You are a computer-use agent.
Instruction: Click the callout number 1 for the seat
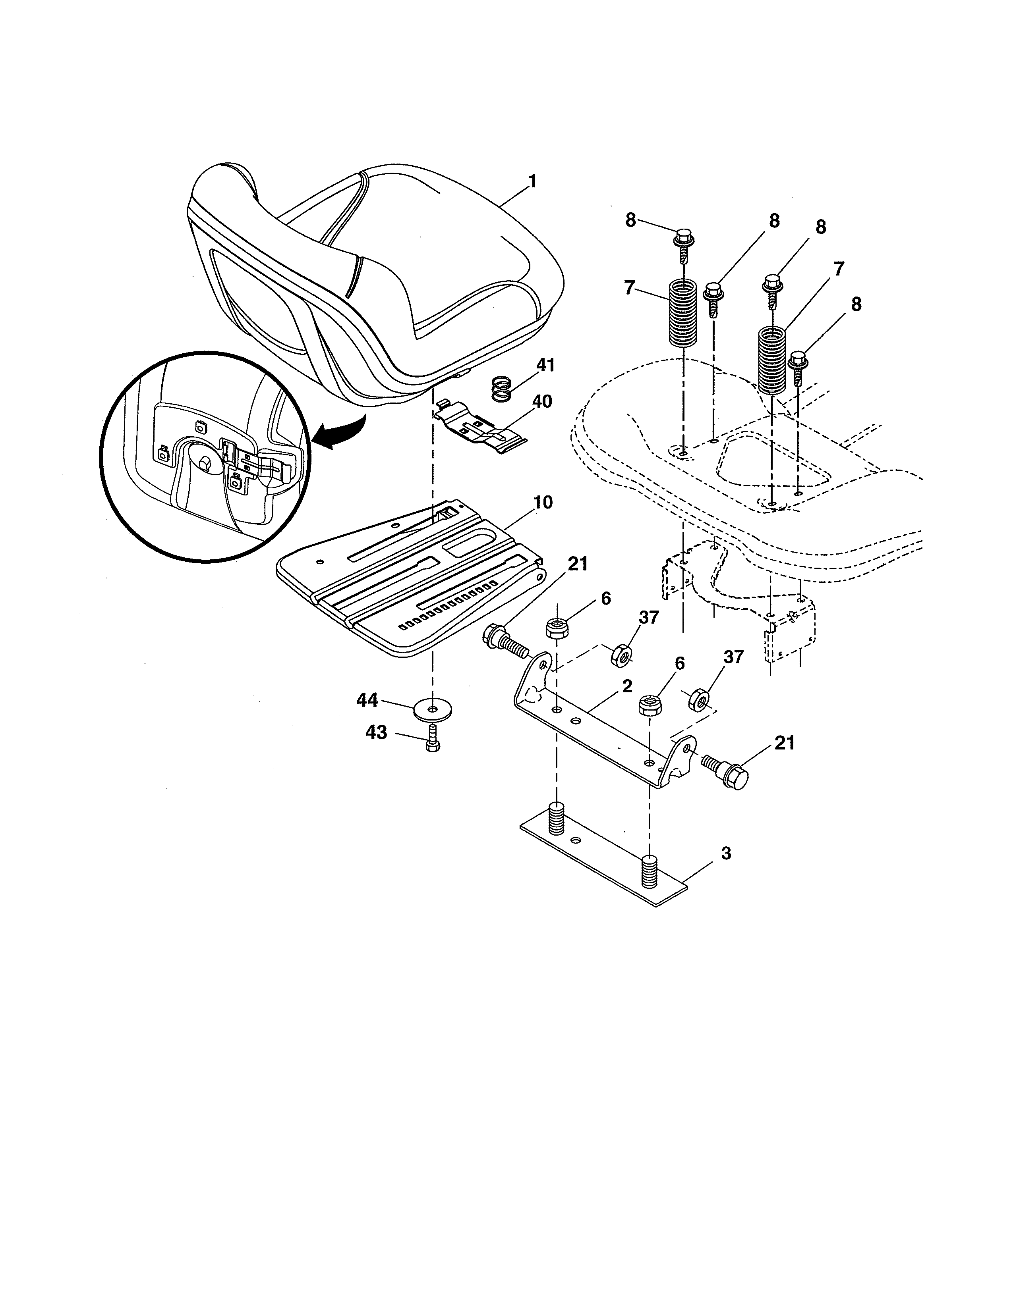tap(532, 181)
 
